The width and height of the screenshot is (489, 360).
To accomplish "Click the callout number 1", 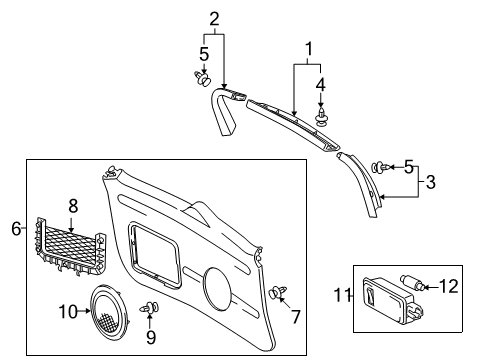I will (309, 48).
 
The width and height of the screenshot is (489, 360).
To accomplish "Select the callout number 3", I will (431, 182).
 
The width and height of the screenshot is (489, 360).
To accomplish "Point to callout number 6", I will (15, 229).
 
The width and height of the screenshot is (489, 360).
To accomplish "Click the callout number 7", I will (295, 317).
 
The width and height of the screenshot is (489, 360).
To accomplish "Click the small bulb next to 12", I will (413, 291).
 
